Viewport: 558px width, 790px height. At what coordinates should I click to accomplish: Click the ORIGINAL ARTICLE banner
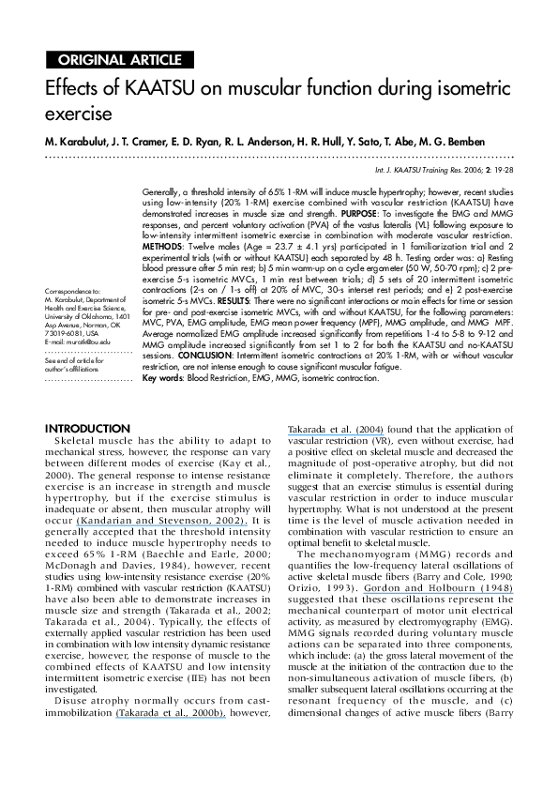[x=120, y=61]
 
